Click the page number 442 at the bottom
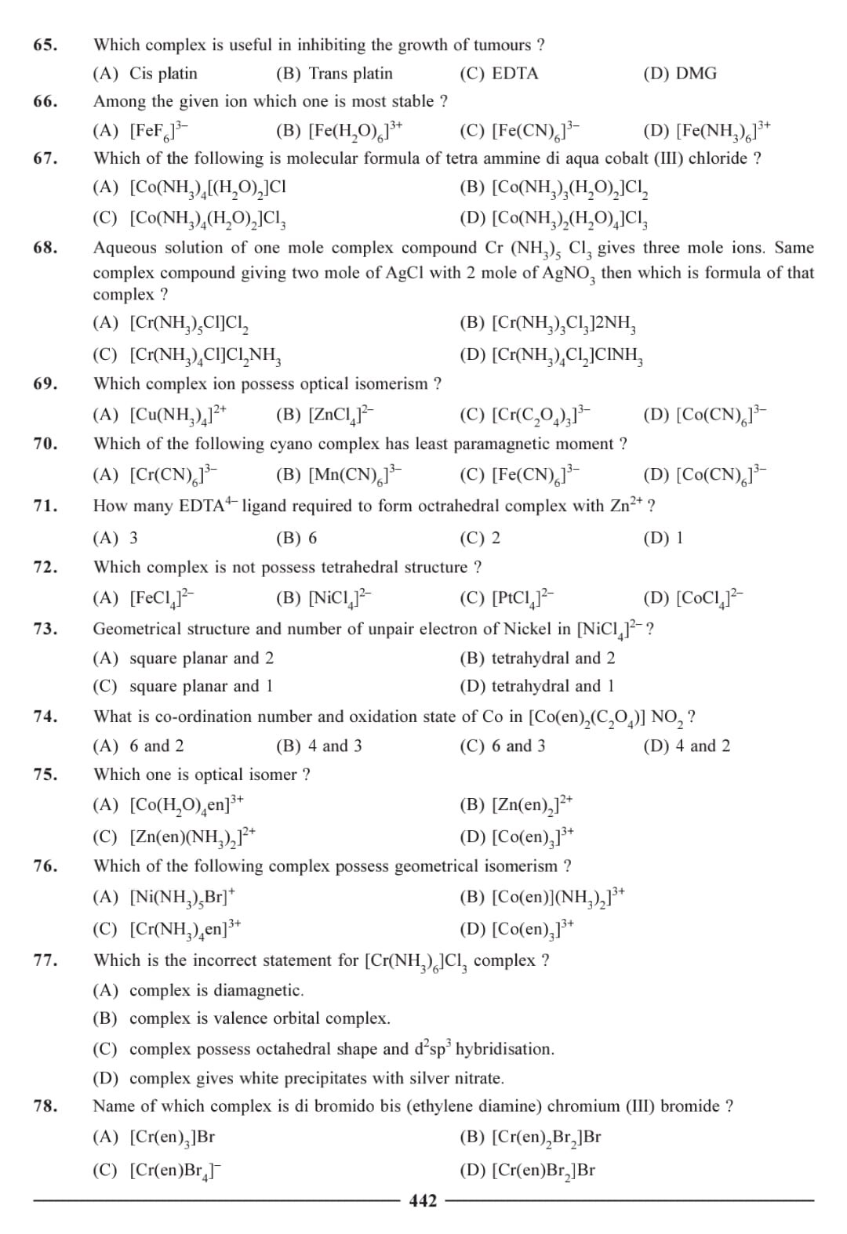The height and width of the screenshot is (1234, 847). (423, 1200)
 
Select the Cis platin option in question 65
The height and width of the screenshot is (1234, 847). (162, 74)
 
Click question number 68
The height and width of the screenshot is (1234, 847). (45, 248)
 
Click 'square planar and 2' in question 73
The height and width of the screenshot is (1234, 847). (201, 658)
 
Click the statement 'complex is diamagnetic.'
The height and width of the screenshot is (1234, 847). (216, 990)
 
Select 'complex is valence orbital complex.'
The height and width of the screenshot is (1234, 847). (259, 1018)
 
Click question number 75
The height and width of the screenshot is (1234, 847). (45, 775)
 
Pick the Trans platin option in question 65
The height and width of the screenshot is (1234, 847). (350, 74)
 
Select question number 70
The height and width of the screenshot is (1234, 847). (45, 444)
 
